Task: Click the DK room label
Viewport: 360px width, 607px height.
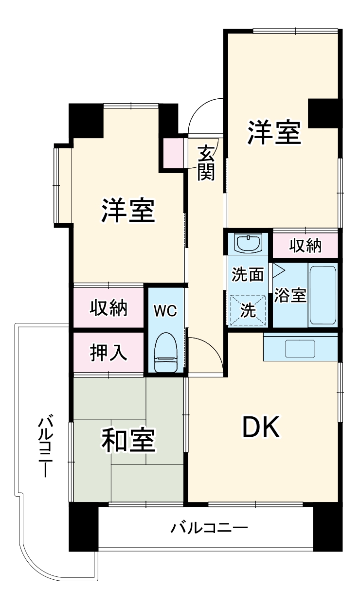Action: (261, 428)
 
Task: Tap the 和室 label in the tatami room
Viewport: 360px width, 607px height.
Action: (128, 440)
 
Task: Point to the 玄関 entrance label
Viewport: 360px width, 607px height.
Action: (206, 163)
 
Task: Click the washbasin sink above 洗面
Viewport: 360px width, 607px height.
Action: (248, 242)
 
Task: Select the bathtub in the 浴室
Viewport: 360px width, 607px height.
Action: (323, 295)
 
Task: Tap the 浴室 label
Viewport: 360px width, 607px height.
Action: (290, 295)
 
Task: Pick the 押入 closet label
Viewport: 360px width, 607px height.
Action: (108, 353)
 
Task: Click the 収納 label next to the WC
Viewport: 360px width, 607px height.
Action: (108, 308)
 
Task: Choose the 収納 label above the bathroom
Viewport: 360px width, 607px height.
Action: (306, 246)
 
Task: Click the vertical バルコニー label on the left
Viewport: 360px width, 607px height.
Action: (45, 445)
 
